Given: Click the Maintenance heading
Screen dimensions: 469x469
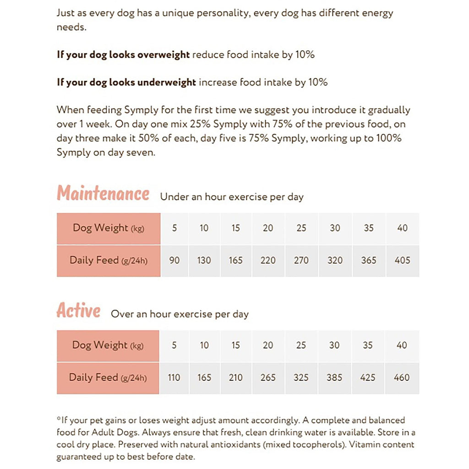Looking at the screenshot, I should click(x=103, y=194).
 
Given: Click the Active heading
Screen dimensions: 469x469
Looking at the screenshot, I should click(x=78, y=311).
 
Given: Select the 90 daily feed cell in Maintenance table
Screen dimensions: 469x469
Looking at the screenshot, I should click(x=175, y=261).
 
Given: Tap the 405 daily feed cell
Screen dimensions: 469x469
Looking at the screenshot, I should click(x=402, y=261).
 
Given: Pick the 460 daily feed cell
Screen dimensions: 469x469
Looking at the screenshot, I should click(x=402, y=378).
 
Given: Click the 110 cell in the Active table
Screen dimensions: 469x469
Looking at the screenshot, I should click(x=174, y=378).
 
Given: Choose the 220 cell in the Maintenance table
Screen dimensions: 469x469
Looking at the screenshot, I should click(x=268, y=261).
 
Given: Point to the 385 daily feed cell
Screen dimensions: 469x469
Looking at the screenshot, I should click(x=334, y=378).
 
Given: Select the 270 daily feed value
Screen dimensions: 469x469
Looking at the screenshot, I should click(x=301, y=261).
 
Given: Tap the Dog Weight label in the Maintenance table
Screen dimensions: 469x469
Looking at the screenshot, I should click(x=108, y=228).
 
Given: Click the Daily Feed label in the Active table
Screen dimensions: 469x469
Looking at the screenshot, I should click(x=108, y=378).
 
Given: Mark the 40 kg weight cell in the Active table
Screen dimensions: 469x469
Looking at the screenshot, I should click(x=402, y=345).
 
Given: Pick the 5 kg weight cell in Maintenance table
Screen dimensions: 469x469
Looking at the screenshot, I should click(x=175, y=228).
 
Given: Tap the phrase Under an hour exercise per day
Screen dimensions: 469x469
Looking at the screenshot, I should click(x=232, y=197).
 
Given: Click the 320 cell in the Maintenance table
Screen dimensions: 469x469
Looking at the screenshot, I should click(x=335, y=261).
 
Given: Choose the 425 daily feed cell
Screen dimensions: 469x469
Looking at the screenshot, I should click(x=368, y=378).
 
